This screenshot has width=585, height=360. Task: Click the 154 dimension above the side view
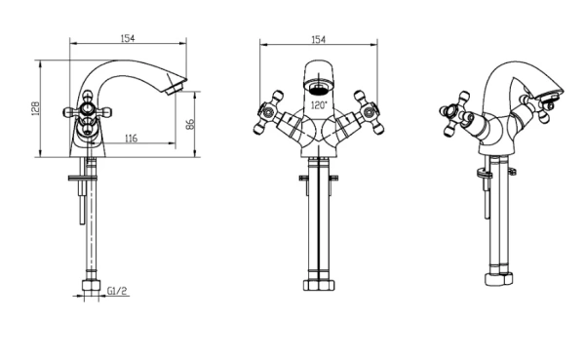127,38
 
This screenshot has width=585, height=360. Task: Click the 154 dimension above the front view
318,40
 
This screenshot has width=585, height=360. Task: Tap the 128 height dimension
35,108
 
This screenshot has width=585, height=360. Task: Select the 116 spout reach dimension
131,139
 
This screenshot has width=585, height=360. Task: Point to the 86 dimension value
190,124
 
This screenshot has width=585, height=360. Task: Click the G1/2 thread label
117,291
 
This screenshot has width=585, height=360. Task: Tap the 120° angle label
319,105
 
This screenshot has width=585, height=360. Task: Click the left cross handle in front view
267,112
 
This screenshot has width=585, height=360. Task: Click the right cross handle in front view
370,111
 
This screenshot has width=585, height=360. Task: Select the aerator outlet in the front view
318,88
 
